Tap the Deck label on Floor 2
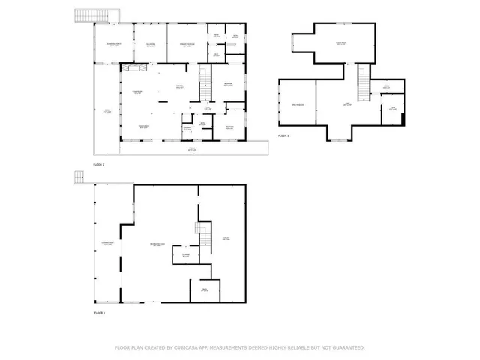coord(106,111)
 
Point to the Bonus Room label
coord(340,44)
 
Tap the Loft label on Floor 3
coord(347,104)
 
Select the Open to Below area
coord(297,106)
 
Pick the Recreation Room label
coord(157,244)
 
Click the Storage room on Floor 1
coord(187,256)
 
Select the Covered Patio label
coord(107,243)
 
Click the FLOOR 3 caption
coord(283,136)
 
